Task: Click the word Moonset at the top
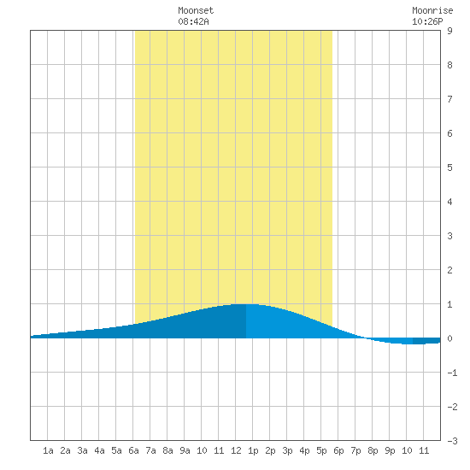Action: (x=196, y=10)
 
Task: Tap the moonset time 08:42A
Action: (x=193, y=21)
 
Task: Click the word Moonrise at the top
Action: (x=432, y=10)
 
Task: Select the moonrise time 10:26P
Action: (x=427, y=21)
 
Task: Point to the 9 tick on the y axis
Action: (x=449, y=31)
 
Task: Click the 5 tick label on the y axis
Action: (x=449, y=167)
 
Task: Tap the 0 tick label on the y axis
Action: (x=449, y=338)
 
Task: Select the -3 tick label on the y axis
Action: (x=452, y=441)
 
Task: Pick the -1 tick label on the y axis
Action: (x=452, y=373)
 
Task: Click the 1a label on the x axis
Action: (x=48, y=450)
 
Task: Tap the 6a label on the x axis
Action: (x=133, y=450)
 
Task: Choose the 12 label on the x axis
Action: (x=236, y=450)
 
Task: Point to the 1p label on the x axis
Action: (x=253, y=450)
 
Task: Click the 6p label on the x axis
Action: (x=338, y=450)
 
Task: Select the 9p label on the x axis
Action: (x=390, y=450)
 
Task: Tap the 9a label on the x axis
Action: (x=185, y=450)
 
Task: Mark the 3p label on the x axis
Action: (x=287, y=450)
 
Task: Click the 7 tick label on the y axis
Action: (x=449, y=99)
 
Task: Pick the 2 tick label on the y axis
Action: (x=449, y=270)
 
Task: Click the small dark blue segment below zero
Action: (x=426, y=341)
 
